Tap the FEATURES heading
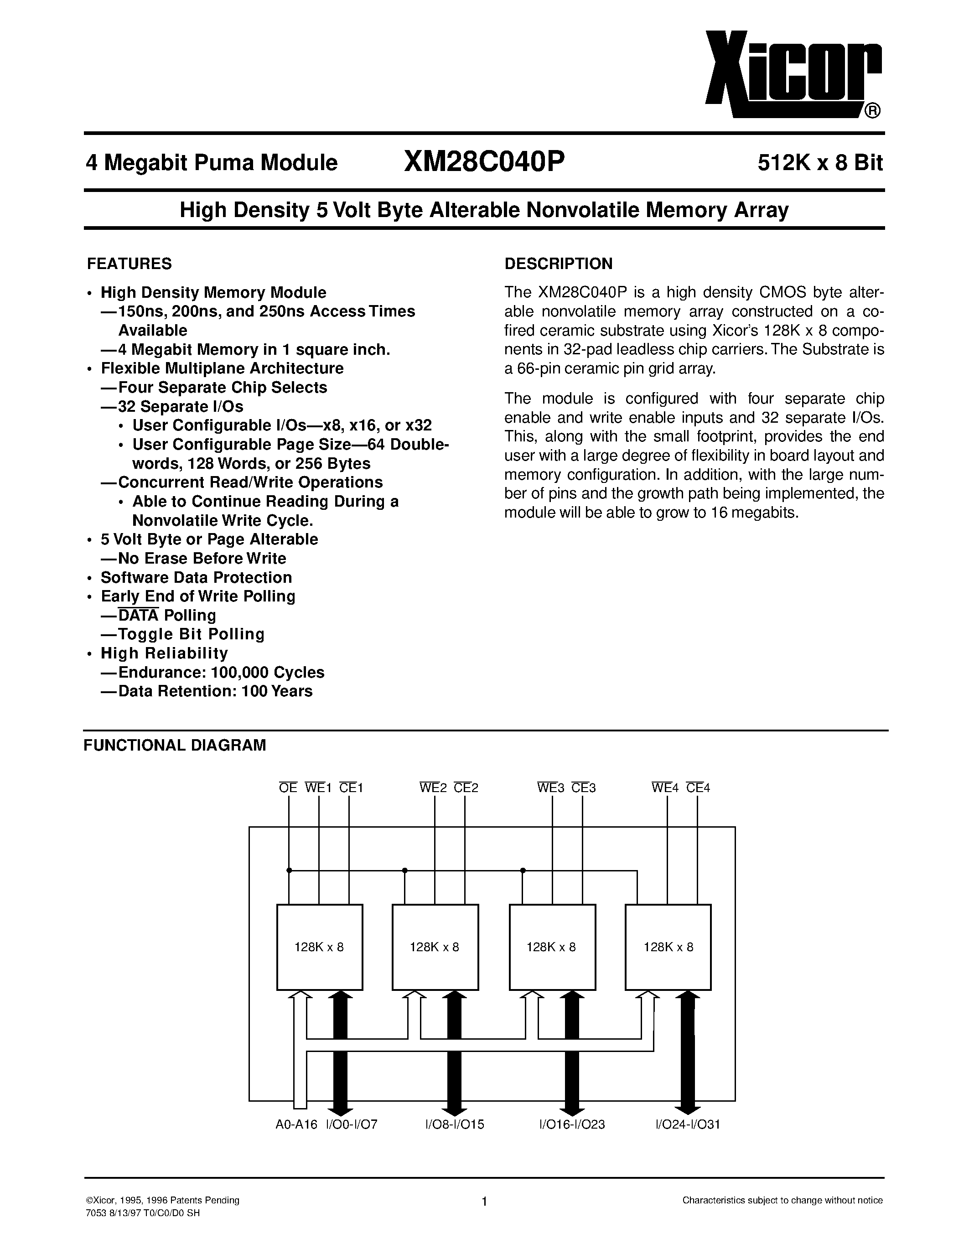tap(129, 264)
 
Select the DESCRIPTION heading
tap(558, 264)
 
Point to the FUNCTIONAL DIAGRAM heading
tap(175, 745)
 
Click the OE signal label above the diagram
tap(288, 788)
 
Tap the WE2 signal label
tap(433, 788)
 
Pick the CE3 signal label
tap(583, 788)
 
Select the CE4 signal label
tap(698, 788)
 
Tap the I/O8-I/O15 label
tap(455, 1124)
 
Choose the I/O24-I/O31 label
tap(688, 1124)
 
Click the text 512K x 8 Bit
tap(820, 164)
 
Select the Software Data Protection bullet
tap(197, 577)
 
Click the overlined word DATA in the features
tap(138, 616)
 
